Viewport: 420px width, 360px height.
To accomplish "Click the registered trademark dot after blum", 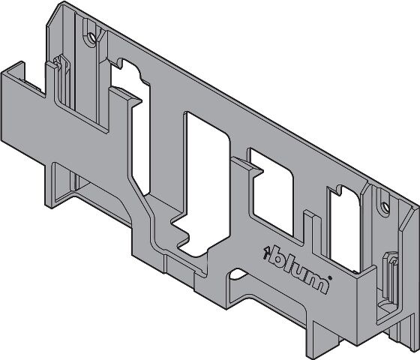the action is tap(330, 278).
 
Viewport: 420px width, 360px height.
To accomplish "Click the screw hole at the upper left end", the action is tap(91, 37).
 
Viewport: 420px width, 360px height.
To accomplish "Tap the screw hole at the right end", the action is tap(385, 206).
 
